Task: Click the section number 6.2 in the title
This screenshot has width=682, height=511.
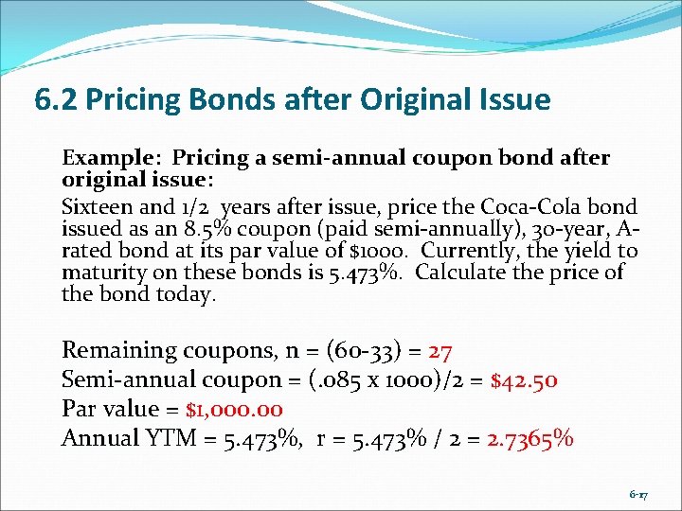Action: coord(55,98)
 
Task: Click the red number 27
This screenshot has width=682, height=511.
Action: coord(440,351)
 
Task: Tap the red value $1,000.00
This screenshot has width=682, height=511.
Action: coord(234,410)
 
